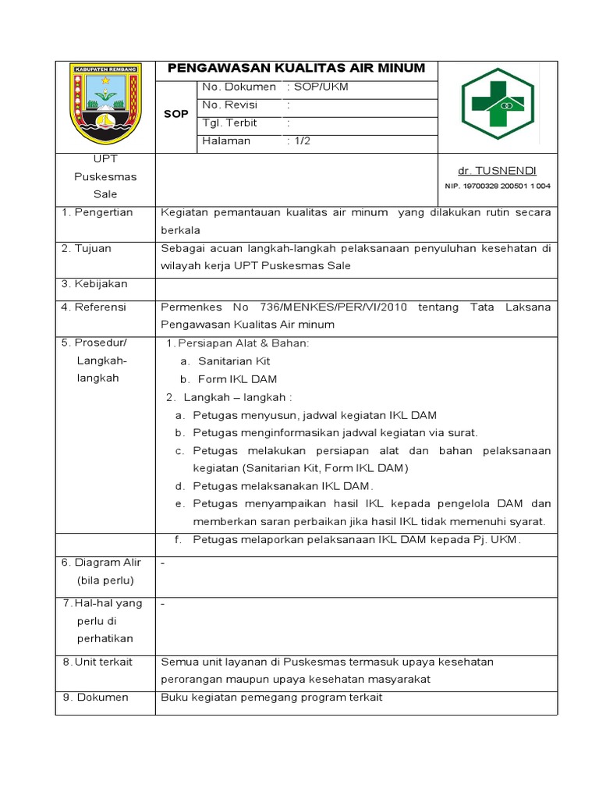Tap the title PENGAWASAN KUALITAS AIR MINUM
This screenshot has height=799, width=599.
(x=296, y=69)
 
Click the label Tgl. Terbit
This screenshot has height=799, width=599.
(x=229, y=123)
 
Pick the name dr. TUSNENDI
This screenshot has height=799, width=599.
(x=497, y=171)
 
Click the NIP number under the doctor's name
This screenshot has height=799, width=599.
(x=497, y=186)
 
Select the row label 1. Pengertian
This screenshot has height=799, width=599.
(x=97, y=212)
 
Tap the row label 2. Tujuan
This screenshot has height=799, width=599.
(x=87, y=248)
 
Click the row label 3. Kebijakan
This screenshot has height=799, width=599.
(x=94, y=284)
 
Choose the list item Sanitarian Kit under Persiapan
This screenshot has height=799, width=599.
(x=234, y=362)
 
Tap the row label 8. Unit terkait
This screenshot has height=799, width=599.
(x=97, y=662)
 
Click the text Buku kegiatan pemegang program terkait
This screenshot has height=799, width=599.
(x=271, y=698)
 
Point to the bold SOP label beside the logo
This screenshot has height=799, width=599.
(x=176, y=114)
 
